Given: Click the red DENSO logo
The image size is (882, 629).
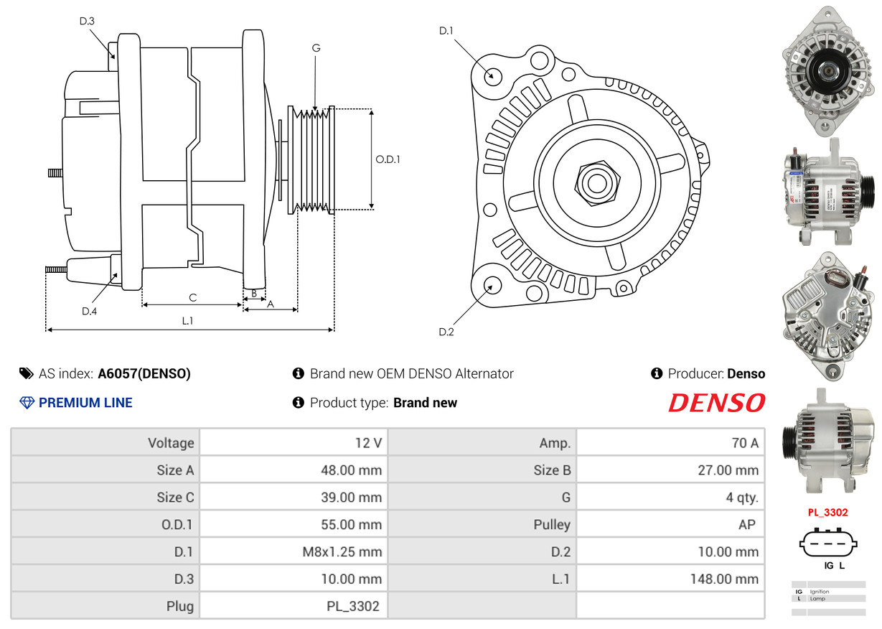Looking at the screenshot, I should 716,403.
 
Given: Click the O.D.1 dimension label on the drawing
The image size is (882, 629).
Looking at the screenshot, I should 388,159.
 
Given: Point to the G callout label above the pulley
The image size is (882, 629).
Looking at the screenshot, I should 316,48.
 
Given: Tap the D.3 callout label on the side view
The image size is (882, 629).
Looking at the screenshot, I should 87,21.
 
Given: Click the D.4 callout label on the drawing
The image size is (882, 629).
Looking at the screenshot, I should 89,311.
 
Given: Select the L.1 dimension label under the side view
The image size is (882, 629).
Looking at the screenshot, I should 187,321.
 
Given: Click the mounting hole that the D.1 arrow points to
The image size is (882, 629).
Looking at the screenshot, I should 492,75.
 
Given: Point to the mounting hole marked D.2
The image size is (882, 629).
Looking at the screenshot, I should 492,285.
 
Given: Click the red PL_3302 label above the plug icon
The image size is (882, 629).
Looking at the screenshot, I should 827,513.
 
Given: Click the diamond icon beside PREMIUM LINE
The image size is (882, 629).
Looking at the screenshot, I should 27,403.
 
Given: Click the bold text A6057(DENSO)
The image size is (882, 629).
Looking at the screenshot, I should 144,373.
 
